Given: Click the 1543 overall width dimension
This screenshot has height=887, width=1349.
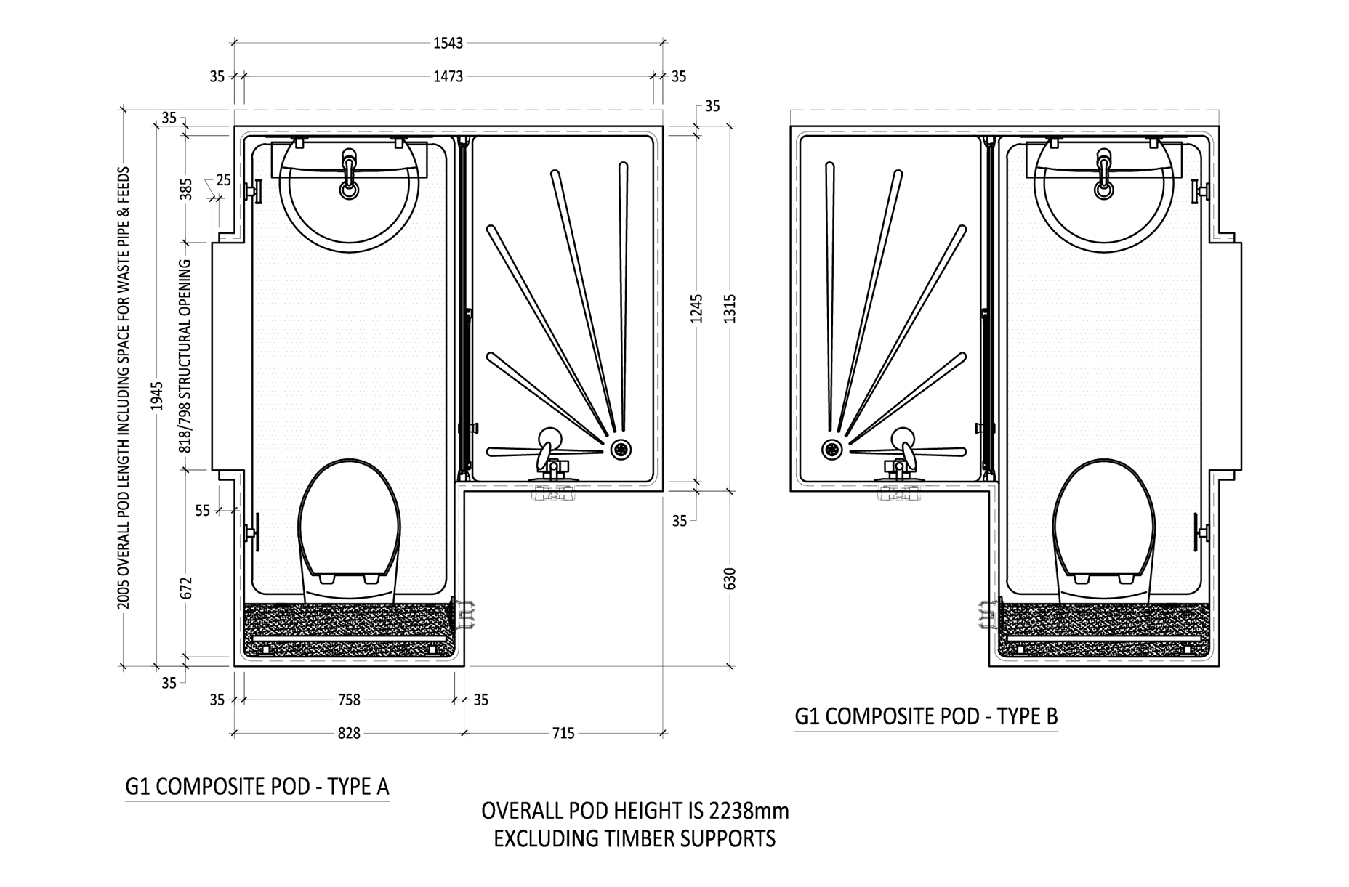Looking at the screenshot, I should (448, 43).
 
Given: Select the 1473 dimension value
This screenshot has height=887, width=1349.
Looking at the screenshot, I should (448, 76).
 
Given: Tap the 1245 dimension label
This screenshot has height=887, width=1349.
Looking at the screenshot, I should (696, 309).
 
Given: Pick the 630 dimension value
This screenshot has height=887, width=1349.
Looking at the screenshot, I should (730, 578).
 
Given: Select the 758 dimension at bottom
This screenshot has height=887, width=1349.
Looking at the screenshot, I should (349, 700).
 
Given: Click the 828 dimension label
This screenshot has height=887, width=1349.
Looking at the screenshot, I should (349, 733).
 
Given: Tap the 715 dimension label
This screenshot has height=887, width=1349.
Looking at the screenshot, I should (563, 733).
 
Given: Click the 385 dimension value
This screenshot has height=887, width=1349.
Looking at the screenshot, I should (186, 189).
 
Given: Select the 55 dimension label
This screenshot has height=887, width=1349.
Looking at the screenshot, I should (202, 511).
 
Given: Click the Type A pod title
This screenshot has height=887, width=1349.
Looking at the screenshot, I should (257, 787).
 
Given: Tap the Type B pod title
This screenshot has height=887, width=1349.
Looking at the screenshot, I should (926, 716).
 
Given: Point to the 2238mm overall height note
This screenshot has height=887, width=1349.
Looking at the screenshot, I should (635, 811).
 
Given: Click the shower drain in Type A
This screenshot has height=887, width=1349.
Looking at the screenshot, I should (620, 449).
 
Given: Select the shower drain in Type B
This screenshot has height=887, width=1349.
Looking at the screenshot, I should (831, 449).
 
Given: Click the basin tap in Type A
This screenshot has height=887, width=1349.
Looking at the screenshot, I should (350, 174).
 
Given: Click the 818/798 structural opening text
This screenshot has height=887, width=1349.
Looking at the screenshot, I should (186, 356).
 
